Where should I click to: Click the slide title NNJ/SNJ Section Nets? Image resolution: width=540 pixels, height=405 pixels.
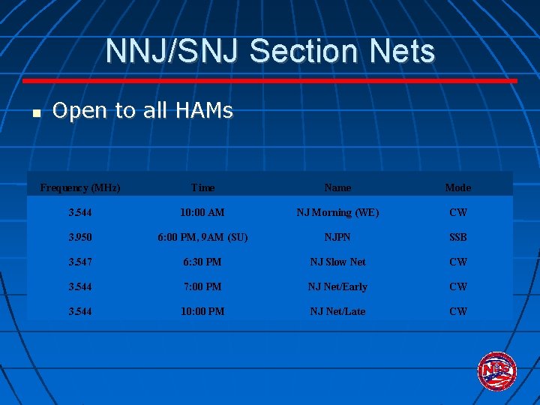(x=270, y=51)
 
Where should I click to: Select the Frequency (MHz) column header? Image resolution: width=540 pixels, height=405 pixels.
(x=80, y=187)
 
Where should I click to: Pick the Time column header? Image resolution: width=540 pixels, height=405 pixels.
(x=202, y=187)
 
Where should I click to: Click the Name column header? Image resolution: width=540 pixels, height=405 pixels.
(x=337, y=187)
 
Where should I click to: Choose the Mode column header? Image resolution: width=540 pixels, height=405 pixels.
(x=457, y=187)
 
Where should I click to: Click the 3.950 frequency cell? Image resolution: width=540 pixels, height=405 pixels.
(x=79, y=237)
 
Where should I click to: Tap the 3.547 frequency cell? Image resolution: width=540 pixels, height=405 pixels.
(x=79, y=262)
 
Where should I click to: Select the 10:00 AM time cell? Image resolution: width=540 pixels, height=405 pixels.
(x=202, y=212)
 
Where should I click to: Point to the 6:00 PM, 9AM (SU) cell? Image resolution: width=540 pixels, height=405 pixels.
(x=202, y=237)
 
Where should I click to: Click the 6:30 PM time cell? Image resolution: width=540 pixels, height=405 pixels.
(x=202, y=262)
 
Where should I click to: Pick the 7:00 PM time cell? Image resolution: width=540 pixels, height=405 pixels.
(x=202, y=286)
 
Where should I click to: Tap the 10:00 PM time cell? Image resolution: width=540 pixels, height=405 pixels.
(x=202, y=311)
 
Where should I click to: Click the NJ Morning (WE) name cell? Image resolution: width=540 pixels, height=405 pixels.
(x=337, y=212)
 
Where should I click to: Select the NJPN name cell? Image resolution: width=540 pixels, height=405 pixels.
(x=337, y=237)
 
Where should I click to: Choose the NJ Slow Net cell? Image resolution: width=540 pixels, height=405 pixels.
(x=337, y=262)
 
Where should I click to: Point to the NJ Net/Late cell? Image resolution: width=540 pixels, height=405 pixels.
(x=337, y=311)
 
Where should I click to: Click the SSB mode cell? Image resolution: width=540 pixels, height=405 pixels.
(x=457, y=237)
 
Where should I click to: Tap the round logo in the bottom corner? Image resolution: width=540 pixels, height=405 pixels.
(x=496, y=371)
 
